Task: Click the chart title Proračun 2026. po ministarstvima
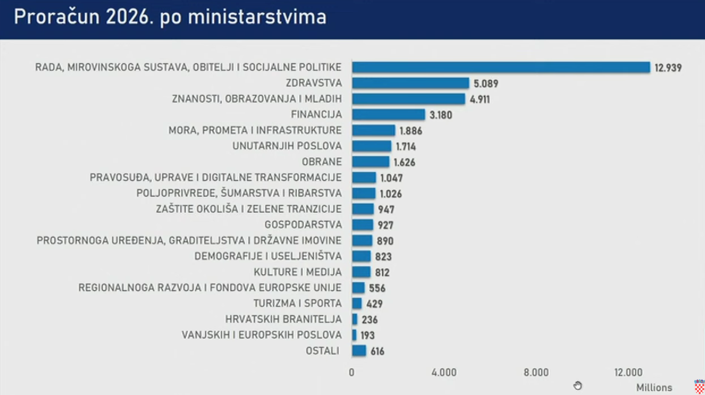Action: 170,17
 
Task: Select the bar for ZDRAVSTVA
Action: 410,83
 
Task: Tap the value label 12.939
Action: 668,68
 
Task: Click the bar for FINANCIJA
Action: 388,114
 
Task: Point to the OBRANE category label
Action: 321,162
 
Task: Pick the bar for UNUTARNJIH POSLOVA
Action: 371,146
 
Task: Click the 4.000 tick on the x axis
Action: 444,373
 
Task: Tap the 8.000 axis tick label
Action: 536,373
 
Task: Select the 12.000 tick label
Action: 628,373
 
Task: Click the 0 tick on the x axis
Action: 352,373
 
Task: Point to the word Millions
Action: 654,388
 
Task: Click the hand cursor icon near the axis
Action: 578,386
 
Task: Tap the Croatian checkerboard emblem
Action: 699,387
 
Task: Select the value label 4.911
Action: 480,100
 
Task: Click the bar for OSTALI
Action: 359,351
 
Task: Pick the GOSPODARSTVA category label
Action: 303,225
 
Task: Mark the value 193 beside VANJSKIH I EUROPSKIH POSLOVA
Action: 367,335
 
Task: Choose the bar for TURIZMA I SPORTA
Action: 356,303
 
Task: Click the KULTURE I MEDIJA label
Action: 297,272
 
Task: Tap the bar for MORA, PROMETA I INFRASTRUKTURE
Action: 373,130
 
